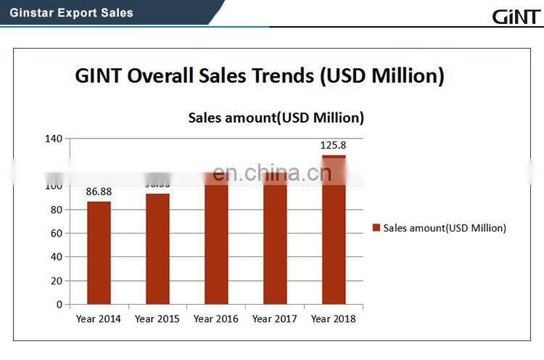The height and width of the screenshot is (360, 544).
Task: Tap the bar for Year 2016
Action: [216, 243]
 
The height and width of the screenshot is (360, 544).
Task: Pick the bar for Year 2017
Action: [275, 243]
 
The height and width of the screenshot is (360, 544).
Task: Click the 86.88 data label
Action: [99, 192]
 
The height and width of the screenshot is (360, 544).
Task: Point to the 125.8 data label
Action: [333, 145]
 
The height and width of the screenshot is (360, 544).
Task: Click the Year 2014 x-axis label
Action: [99, 319]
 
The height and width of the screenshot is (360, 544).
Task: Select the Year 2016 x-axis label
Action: [216, 319]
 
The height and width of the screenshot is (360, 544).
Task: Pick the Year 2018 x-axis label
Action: [334, 319]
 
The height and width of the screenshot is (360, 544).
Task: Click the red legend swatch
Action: [376, 228]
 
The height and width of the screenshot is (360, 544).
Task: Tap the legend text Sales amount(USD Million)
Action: [445, 228]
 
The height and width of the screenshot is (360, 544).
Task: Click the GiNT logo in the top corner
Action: [515, 15]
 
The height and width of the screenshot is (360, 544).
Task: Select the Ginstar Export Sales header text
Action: [72, 12]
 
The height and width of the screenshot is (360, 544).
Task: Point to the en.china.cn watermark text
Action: [273, 173]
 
